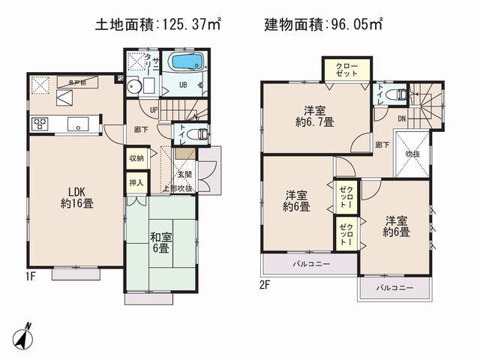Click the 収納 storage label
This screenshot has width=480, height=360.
click(136, 158)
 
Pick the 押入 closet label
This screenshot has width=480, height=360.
click(136, 182)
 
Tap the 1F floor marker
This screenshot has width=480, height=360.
click(29, 275)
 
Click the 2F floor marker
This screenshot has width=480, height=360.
click(266, 283)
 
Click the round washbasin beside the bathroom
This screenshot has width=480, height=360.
click(135, 85)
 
